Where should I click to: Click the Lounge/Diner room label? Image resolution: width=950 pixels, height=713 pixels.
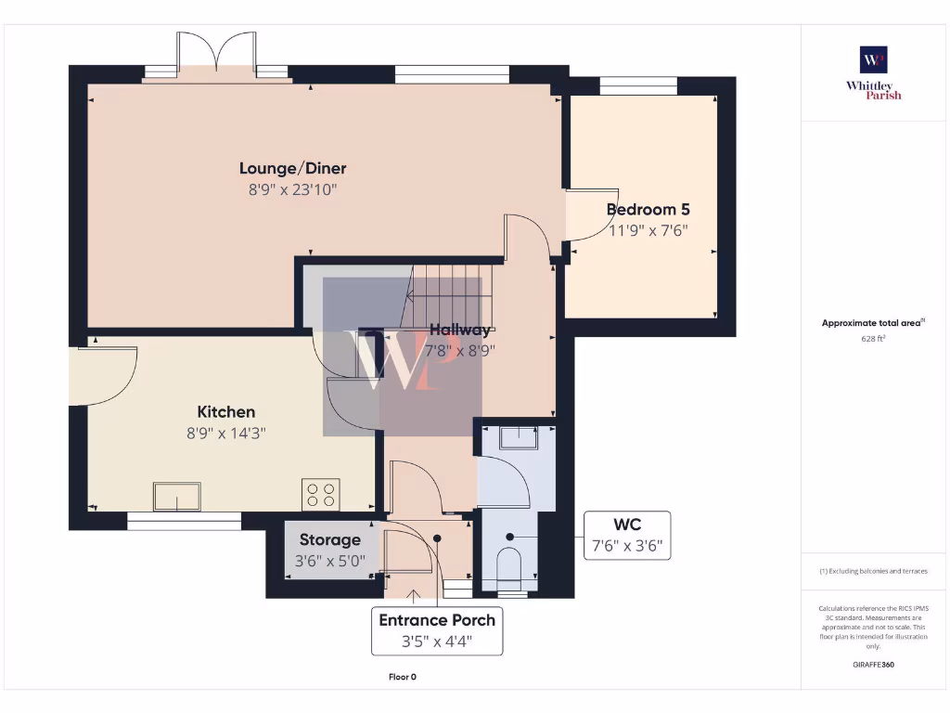pos(292,168)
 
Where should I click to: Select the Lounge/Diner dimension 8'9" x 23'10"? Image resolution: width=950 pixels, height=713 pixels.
pos(292,189)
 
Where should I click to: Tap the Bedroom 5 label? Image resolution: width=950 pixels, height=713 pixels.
pos(648,210)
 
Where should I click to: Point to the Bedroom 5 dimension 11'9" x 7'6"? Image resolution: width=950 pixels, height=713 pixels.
pos(648,230)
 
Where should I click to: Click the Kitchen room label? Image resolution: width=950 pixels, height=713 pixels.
pos(225,411)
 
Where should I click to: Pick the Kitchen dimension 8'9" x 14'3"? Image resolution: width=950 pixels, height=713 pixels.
pos(225,432)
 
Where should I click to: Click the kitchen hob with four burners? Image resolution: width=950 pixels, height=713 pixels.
pos(321,495)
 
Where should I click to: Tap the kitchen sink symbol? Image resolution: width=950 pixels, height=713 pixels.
pos(177,497)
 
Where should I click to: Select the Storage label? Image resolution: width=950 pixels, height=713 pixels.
pos(330,539)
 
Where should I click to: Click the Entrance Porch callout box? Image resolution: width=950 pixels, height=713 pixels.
pos(437,630)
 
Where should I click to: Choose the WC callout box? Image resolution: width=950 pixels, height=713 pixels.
pos(626,536)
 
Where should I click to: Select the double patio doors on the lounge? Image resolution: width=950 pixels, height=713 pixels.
pos(217,56)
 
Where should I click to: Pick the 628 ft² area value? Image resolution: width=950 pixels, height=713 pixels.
pos(873,340)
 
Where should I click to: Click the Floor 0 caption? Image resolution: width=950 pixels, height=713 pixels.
pos(402,677)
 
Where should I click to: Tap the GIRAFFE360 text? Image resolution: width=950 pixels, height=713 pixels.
pos(873,665)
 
